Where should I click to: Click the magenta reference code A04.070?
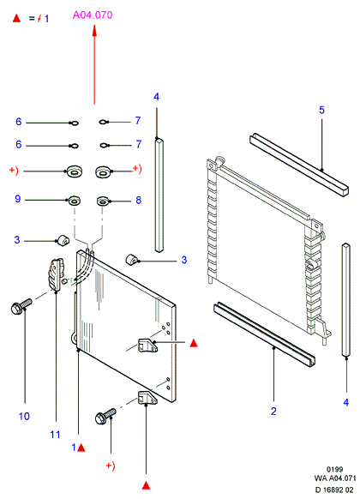(x=93, y=15)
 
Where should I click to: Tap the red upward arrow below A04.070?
(x=94, y=65)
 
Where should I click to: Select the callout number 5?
(x=321, y=110)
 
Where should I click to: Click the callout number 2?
(x=273, y=412)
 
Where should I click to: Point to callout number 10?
(x=24, y=416)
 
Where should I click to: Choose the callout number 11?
(x=55, y=435)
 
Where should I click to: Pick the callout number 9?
(x=18, y=199)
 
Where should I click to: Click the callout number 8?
(x=138, y=200)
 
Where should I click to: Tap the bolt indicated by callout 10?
(x=21, y=306)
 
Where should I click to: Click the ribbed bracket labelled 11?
(x=56, y=274)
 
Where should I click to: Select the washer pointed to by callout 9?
(x=74, y=201)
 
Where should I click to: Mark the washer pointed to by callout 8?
(x=103, y=201)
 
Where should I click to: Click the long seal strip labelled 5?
(x=298, y=165)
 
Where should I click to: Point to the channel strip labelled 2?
(x=265, y=334)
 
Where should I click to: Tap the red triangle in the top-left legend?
(x=16, y=18)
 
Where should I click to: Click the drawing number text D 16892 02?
(x=334, y=490)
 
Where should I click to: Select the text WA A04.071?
(x=335, y=478)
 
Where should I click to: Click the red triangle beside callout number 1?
(x=81, y=448)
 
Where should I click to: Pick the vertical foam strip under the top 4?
(x=159, y=195)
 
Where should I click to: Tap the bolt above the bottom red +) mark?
(x=105, y=416)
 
